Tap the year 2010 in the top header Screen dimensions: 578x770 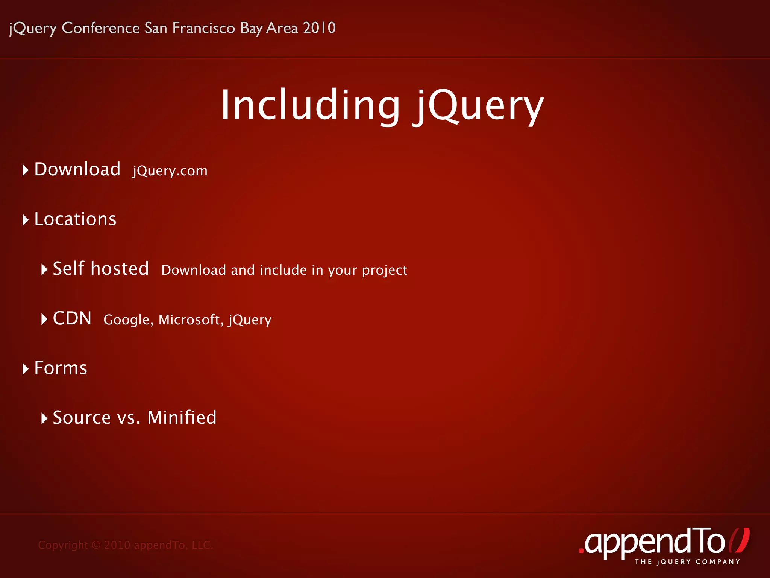pos(319,28)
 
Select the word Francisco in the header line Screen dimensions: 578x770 pos(203,28)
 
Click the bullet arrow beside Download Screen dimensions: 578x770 pos(25,170)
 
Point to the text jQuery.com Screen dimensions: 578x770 pos(170,171)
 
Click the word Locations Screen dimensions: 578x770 pos(75,219)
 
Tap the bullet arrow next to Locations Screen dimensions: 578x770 pos(25,220)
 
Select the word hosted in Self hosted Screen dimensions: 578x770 pos(120,269)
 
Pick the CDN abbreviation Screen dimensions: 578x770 pos(72,318)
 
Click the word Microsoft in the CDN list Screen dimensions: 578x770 pos(189,319)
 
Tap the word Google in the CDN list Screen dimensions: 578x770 pos(127,320)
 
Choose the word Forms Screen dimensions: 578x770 pos(61,368)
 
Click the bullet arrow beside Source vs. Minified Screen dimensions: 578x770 pos(44,418)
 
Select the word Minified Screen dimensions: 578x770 pos(182,417)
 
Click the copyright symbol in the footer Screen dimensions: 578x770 pos(96,545)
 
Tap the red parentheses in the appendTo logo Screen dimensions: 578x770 pos(739,540)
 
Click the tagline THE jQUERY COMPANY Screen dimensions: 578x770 pos(687,562)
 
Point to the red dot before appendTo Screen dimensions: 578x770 pos(581,551)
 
